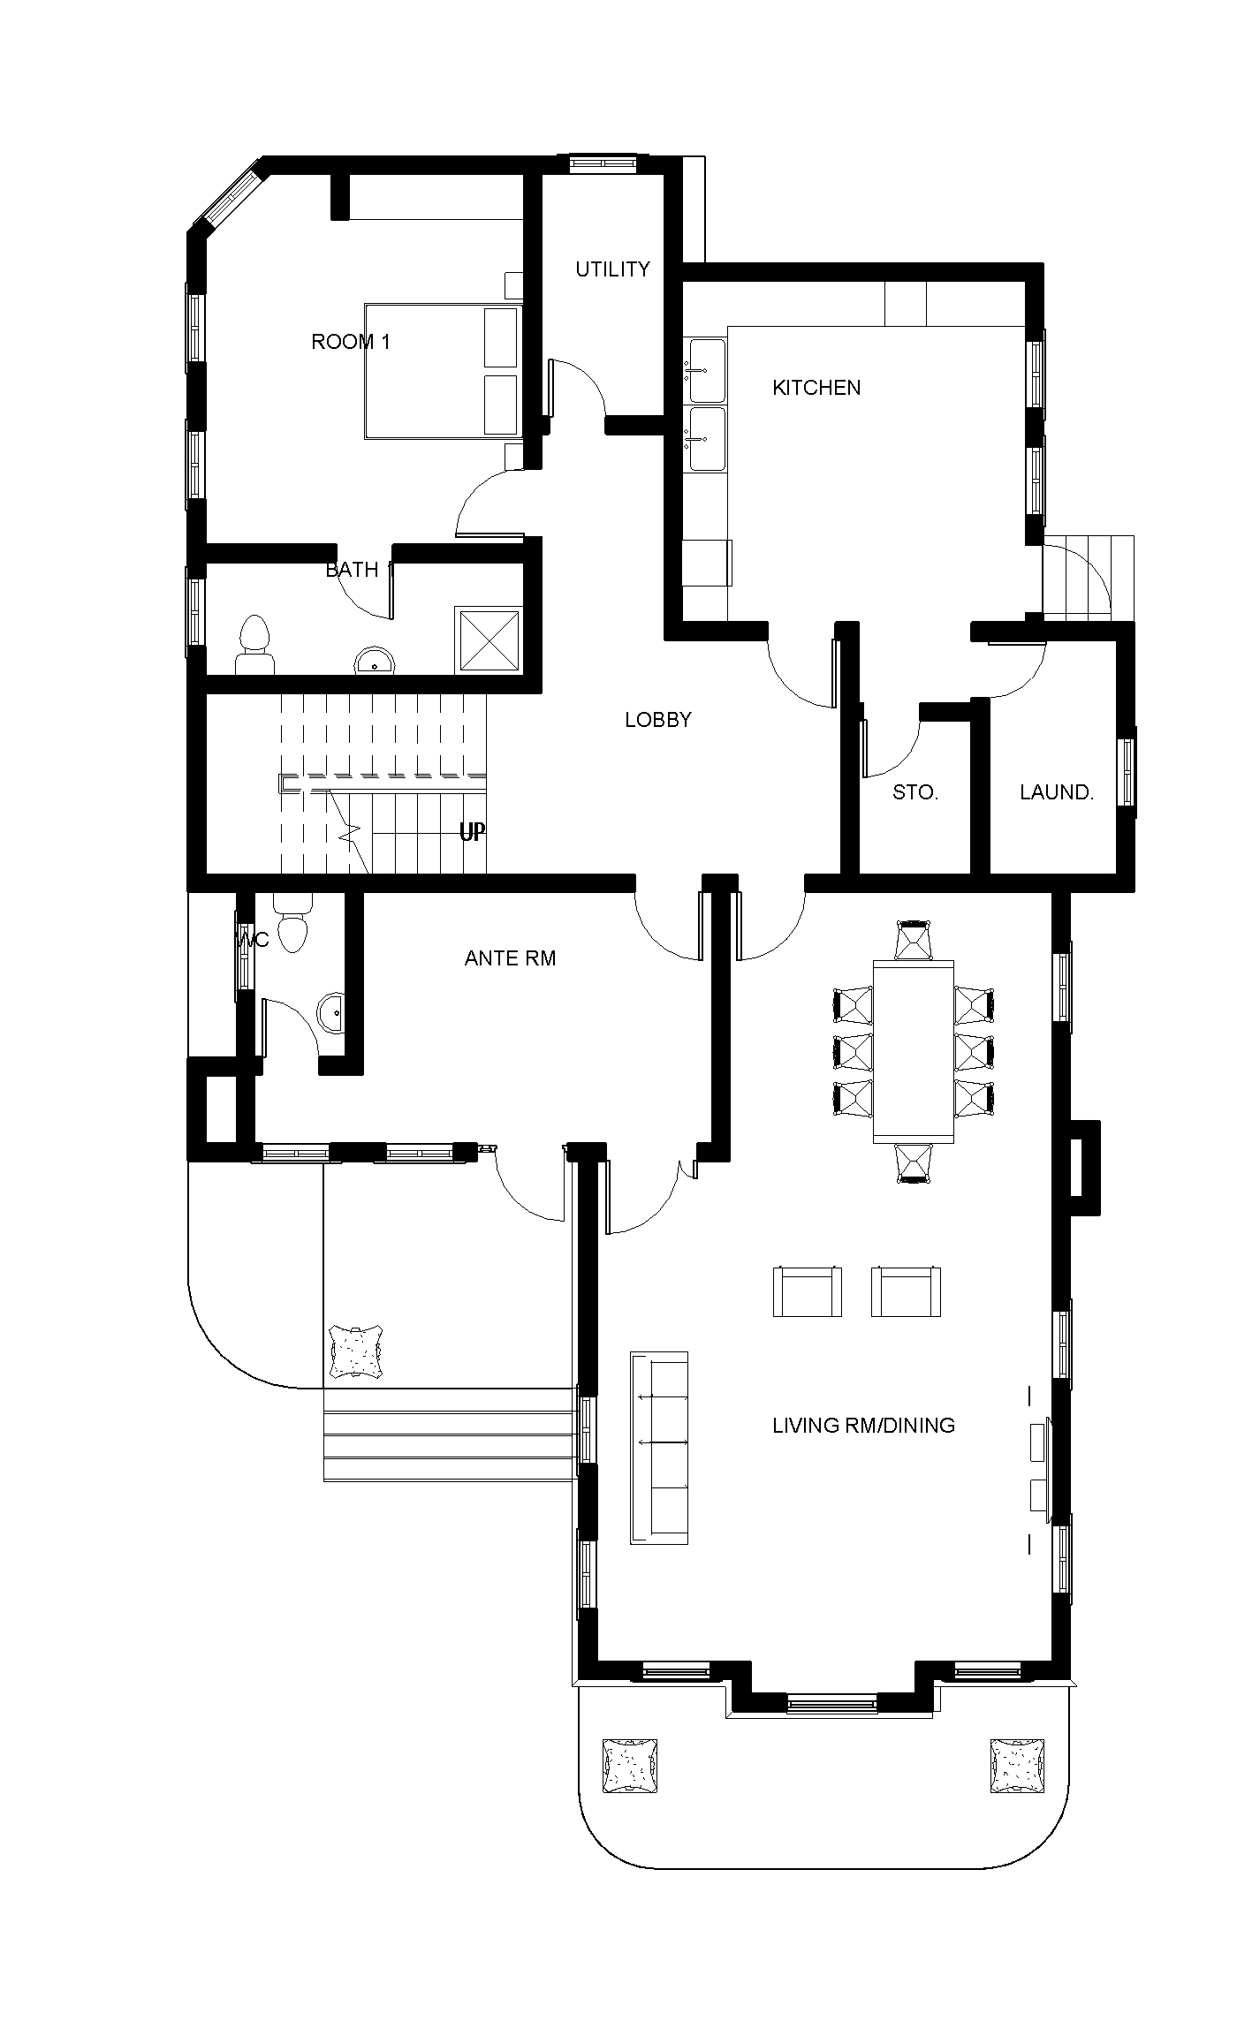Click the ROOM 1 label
point(351,342)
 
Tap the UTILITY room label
point(612,269)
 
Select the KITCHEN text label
point(816,388)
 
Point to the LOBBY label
point(657,720)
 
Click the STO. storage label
point(914,792)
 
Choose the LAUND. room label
point(1056,792)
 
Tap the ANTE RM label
point(510,958)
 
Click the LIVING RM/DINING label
point(863,1425)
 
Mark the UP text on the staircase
point(471,832)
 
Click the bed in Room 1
point(442,371)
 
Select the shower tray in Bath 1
point(488,640)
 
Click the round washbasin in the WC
point(331,1012)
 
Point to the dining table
point(913,1051)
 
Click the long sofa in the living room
point(659,1448)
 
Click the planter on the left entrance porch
point(355,1351)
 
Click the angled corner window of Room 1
point(231,198)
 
